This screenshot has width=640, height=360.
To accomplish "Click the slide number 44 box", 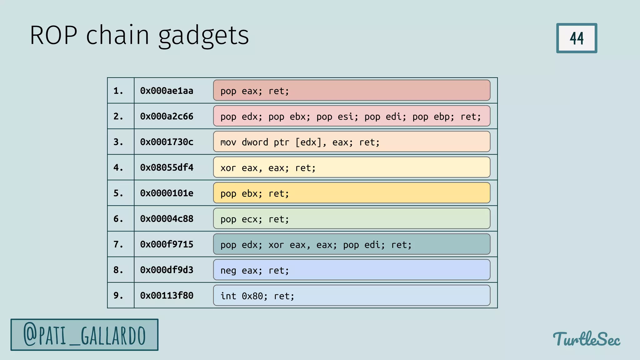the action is [x=577, y=38].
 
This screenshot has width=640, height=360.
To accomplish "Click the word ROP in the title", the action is [x=53, y=35].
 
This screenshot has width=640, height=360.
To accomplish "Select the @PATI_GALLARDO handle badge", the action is [x=84, y=335].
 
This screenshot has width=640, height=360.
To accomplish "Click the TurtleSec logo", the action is [x=586, y=339].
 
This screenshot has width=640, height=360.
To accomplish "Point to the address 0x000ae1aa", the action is [x=167, y=91].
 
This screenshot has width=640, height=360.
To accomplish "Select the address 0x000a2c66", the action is [x=167, y=117].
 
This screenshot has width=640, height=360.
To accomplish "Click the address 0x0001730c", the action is [x=167, y=142].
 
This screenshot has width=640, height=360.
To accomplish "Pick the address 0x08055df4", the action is [x=167, y=168].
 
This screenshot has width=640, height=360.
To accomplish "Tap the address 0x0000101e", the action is [x=167, y=193].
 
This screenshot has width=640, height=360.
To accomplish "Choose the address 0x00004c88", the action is [x=167, y=219].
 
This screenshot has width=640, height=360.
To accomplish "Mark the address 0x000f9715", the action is [x=167, y=245].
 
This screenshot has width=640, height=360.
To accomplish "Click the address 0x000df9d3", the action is [x=167, y=270].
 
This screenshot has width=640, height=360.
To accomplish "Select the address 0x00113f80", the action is [x=167, y=296].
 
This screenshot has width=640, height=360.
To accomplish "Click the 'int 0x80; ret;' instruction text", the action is [x=257, y=296].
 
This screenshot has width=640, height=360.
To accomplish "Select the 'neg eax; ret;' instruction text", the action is [x=255, y=270].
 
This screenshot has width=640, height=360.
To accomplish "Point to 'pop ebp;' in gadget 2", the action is [x=433, y=117].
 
